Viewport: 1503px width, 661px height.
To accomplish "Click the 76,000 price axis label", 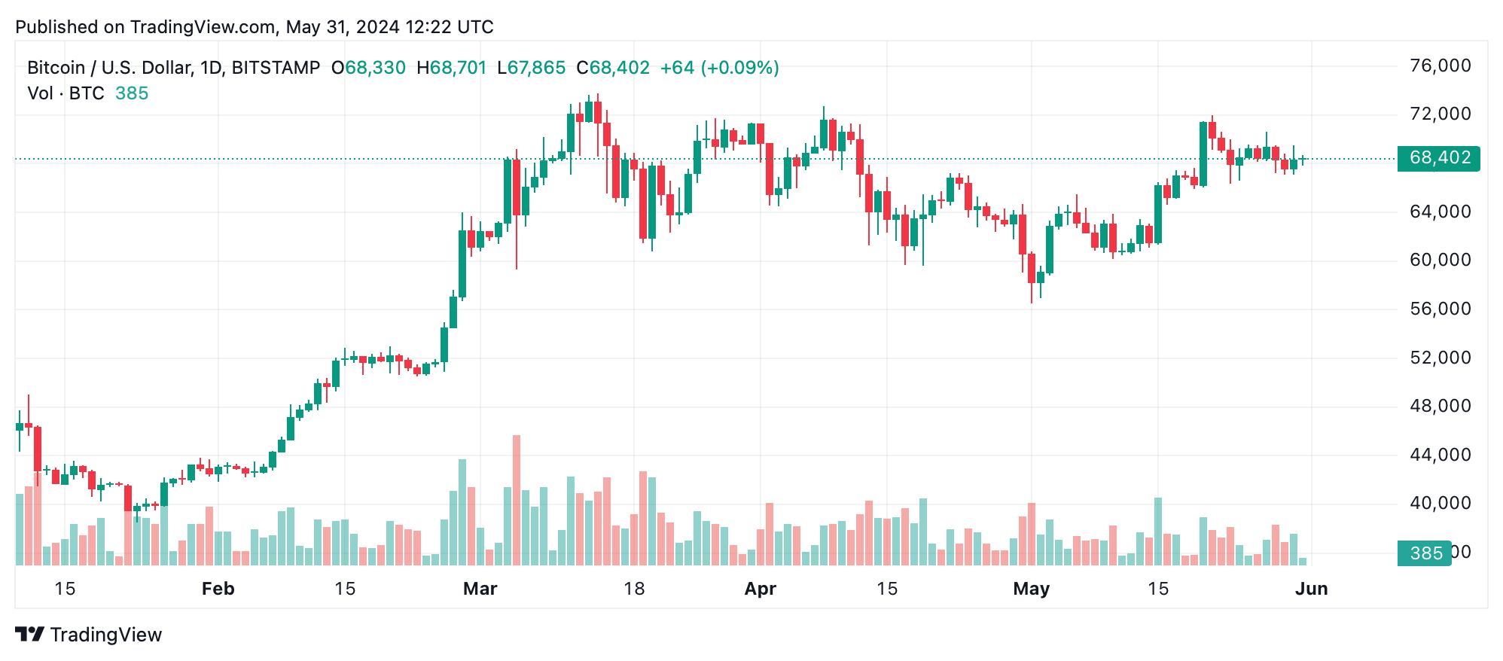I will click(1440, 66).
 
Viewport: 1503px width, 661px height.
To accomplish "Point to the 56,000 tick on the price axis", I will click(1440, 309).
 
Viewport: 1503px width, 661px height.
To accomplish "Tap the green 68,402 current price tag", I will click(1438, 158).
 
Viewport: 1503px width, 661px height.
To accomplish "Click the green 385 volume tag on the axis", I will click(1425, 553).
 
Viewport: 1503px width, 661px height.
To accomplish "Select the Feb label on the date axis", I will click(218, 589).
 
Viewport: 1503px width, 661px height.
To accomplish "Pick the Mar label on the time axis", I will click(480, 589).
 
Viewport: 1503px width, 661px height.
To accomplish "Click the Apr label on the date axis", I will click(760, 589).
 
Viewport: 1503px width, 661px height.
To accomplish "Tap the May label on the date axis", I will click(1031, 589).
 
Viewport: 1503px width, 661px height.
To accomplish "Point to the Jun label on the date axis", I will click(1311, 589).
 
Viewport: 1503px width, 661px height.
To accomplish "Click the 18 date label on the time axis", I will click(634, 589).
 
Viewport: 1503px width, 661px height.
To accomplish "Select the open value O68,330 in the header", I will click(368, 68).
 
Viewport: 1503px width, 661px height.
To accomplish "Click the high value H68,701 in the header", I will click(452, 68).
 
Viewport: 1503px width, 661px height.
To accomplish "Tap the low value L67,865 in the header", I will click(532, 68).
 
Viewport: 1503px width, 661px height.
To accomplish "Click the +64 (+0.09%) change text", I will click(719, 68).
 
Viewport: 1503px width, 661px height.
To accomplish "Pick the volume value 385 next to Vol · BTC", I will click(132, 93).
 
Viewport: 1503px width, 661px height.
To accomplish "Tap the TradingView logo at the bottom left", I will click(89, 635).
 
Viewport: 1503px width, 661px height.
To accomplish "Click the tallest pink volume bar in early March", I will click(517, 501).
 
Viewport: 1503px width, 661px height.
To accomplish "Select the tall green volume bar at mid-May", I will click(1158, 532).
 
